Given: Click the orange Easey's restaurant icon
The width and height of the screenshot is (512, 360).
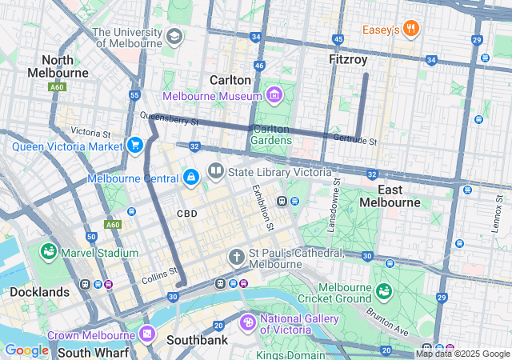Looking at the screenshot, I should point(411,30).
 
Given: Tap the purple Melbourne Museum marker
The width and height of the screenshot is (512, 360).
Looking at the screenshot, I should point(274,96).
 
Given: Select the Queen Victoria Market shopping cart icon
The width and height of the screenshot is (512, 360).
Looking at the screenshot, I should point(134,146).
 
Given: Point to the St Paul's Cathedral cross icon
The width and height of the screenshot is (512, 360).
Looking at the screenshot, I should point(236,257).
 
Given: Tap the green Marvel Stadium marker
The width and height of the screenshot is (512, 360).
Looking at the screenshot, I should point(48,253).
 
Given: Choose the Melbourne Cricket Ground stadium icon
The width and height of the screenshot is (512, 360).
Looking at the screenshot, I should point(384,289).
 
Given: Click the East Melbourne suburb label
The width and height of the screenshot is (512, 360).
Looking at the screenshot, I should point(389,196).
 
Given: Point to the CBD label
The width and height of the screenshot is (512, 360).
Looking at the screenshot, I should point(186,214).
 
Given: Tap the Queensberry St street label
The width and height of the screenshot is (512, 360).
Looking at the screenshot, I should point(169,120).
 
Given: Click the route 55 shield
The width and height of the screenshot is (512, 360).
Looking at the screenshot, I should point(134,95).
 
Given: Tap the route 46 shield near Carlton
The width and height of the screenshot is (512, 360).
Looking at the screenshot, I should point(258,66).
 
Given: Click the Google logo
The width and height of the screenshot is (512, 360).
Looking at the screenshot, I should point(26,350).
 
